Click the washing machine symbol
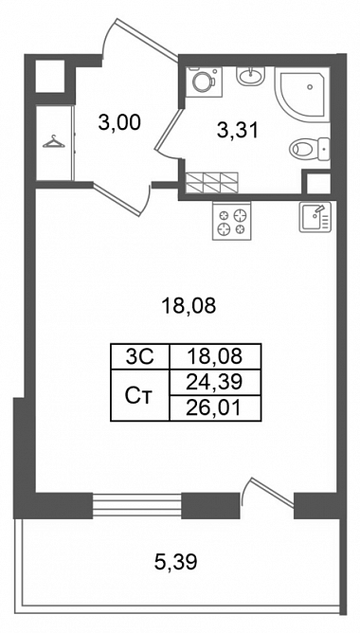coord(205,81)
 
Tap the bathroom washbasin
coord(251,76)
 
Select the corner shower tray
coord(302,95)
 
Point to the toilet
coord(310,148)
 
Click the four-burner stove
coord(232,221)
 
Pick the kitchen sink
coord(315,217)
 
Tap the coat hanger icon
coord(54,142)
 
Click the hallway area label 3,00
coord(119,122)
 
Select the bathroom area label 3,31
coord(237,131)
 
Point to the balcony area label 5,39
coord(176,561)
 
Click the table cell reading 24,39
coord(216,382)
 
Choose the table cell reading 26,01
coord(216,408)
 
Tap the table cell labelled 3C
coord(140,356)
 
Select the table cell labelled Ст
coord(140,395)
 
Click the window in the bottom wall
coord(136,505)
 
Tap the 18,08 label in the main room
coord(189,307)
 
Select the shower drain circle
coord(310,87)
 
